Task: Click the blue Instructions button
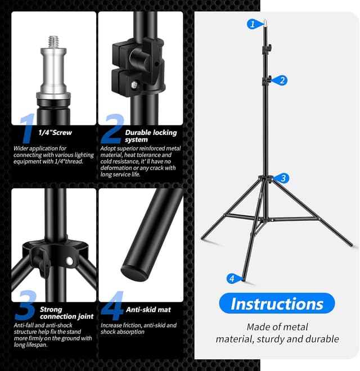click(x=277, y=304)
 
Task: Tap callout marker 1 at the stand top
click(x=253, y=24)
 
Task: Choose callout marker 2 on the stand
click(x=282, y=80)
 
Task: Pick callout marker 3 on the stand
click(x=283, y=178)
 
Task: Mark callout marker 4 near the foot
click(x=231, y=278)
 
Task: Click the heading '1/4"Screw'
click(x=55, y=133)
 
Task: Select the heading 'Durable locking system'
click(x=151, y=136)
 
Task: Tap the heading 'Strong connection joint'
click(x=66, y=313)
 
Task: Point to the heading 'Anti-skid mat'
click(x=148, y=310)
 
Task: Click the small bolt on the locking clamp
click(x=136, y=84)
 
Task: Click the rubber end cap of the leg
click(x=134, y=273)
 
